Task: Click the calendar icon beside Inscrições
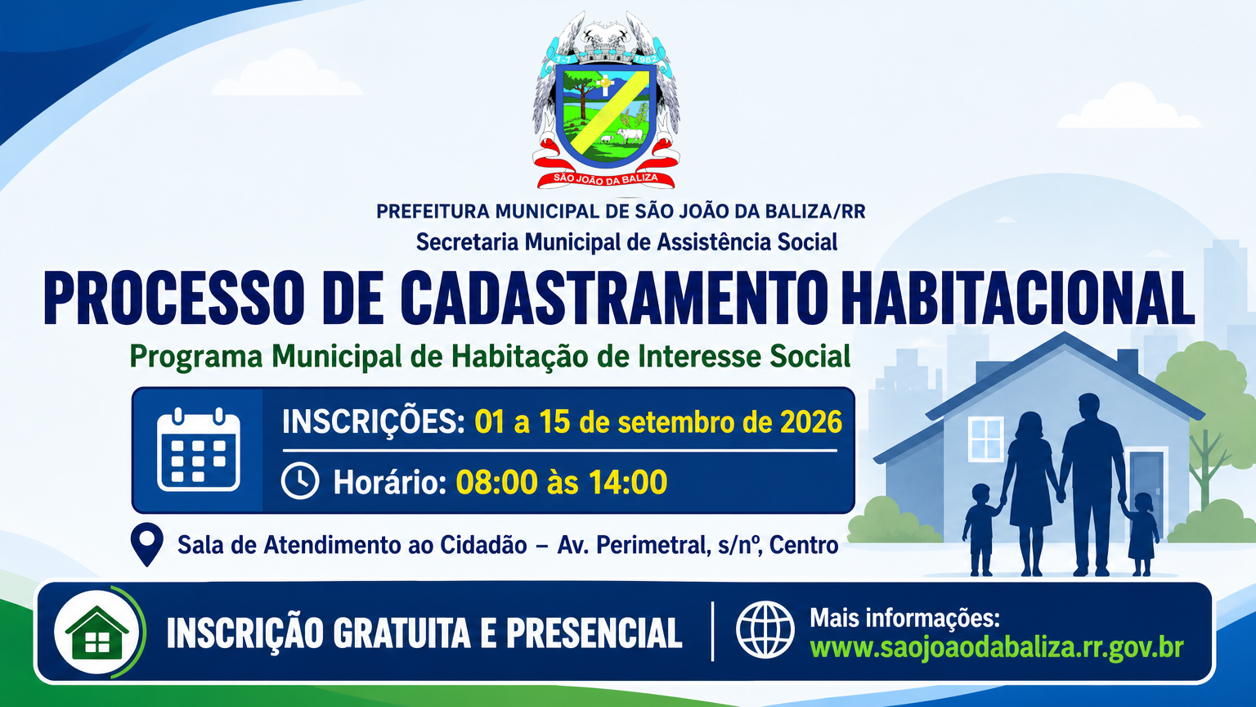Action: pos(199,450)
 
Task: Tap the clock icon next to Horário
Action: pos(300,481)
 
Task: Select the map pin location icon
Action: pos(147,544)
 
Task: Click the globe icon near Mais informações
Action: pos(765,629)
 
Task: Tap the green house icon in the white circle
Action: pos(97,633)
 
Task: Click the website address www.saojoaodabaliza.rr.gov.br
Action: pos(997,647)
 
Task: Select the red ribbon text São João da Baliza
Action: pos(606,178)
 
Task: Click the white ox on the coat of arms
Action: pos(630,135)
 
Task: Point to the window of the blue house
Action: pos(985,439)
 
